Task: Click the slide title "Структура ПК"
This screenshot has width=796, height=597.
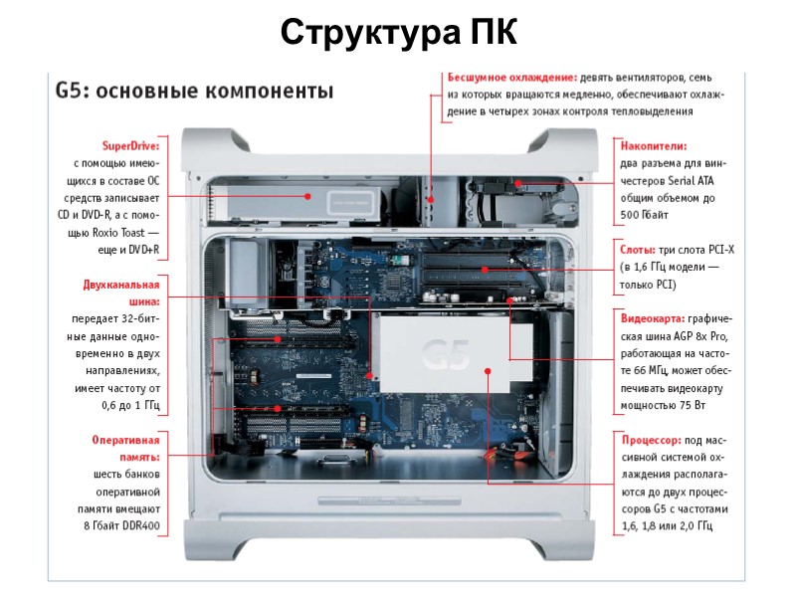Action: tap(398, 32)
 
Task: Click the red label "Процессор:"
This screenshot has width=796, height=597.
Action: tap(652, 439)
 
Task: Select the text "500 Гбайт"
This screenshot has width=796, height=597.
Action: tap(644, 215)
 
